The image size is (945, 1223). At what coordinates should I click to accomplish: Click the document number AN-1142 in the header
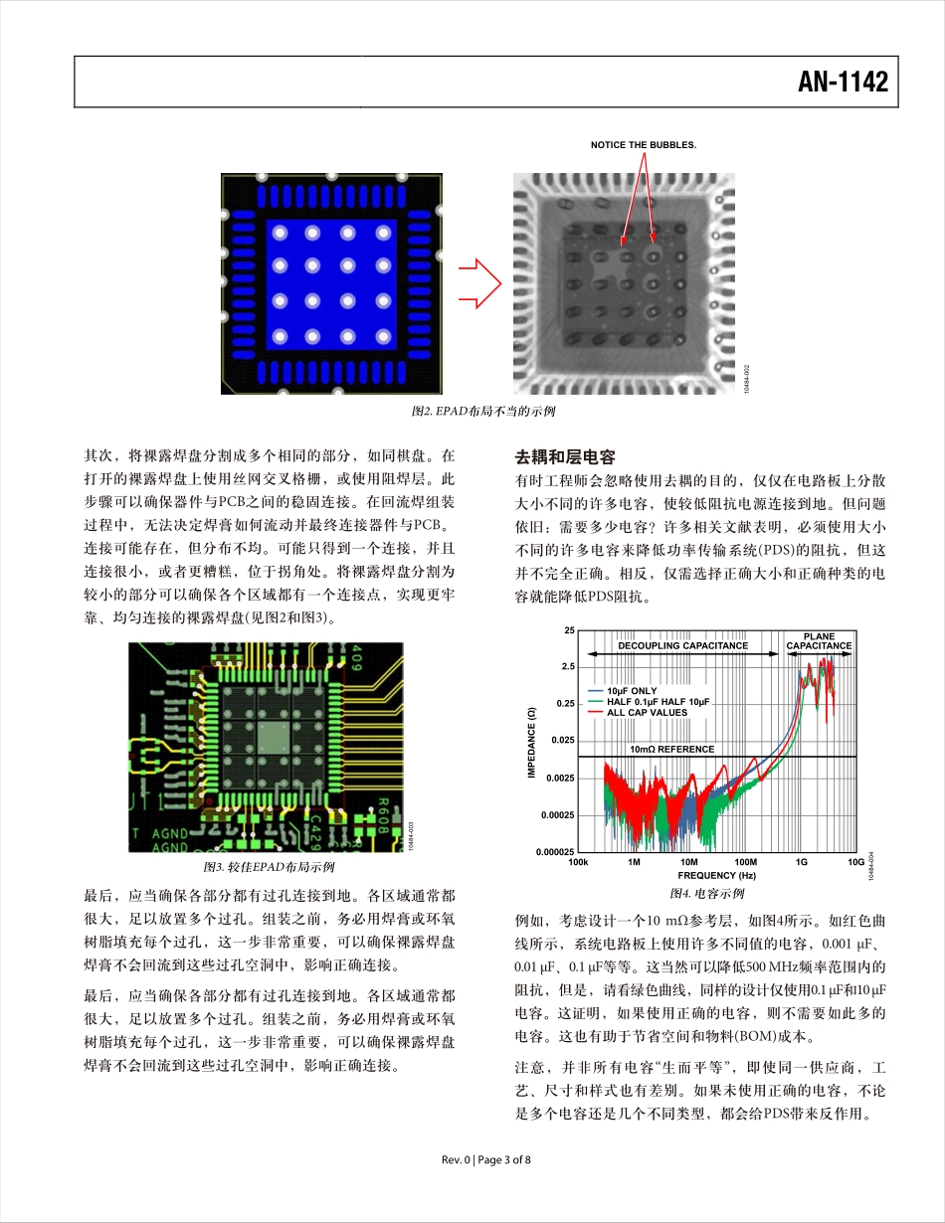pyautogui.click(x=843, y=83)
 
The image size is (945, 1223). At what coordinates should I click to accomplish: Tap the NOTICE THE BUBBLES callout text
pyautogui.click(x=644, y=145)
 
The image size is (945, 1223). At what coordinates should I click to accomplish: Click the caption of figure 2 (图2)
pyautogui.click(x=482, y=411)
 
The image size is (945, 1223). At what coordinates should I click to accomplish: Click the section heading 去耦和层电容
pyautogui.click(x=565, y=457)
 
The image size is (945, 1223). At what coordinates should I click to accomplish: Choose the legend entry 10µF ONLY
pyautogui.click(x=632, y=690)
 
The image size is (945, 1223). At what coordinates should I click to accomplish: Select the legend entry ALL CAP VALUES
pyautogui.click(x=647, y=712)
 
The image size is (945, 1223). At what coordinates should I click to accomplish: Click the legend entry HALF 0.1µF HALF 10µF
pyautogui.click(x=659, y=701)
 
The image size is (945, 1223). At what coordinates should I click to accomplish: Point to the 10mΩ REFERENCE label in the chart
pyautogui.click(x=671, y=749)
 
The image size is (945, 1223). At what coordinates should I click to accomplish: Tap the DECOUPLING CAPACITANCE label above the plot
pyautogui.click(x=682, y=645)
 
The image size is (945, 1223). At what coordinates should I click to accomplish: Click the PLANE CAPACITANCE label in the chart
pyautogui.click(x=819, y=640)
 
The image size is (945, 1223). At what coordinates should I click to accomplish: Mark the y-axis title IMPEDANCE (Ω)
pyautogui.click(x=532, y=742)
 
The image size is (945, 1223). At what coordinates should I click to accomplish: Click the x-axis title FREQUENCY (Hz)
pyautogui.click(x=716, y=875)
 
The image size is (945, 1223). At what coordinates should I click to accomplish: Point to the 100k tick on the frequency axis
pyautogui.click(x=578, y=862)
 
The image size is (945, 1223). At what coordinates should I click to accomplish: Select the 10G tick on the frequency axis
pyautogui.click(x=855, y=862)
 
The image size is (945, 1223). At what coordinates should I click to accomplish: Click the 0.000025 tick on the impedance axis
pyautogui.click(x=555, y=851)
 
